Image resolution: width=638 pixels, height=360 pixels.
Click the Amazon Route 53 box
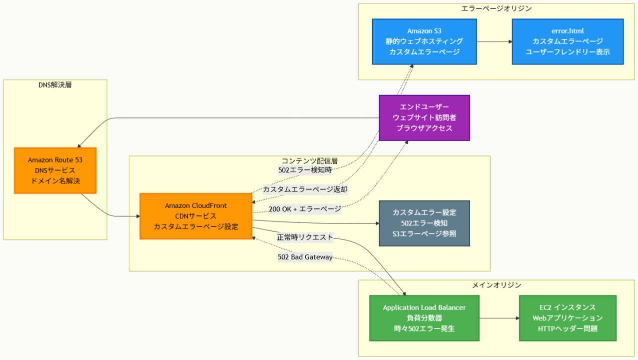55,170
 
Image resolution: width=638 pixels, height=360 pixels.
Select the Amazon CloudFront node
196,216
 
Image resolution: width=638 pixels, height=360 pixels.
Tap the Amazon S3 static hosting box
424,41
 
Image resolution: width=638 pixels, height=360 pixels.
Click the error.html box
568,41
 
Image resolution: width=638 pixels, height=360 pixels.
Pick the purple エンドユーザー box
424,117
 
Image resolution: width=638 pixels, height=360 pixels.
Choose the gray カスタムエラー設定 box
424,223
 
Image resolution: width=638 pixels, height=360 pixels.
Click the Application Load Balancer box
424,318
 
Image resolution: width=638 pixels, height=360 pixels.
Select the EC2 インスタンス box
568,318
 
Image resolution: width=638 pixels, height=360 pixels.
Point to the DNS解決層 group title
55,84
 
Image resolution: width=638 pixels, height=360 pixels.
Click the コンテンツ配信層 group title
310,161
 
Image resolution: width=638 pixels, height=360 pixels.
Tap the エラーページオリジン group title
497,8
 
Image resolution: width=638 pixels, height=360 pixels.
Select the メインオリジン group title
497,285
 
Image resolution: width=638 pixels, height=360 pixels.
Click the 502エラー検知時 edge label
305,170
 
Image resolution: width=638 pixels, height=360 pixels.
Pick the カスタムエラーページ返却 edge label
305,189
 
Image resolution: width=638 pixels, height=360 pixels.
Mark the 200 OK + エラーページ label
305,209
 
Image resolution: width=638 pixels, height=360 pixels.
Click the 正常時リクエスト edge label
305,237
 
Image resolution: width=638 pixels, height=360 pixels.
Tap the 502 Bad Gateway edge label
305,257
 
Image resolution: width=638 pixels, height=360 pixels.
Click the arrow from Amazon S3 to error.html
494,41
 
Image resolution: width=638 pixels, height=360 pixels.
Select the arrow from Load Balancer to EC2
499,318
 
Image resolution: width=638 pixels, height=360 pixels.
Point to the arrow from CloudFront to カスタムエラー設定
315,221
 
